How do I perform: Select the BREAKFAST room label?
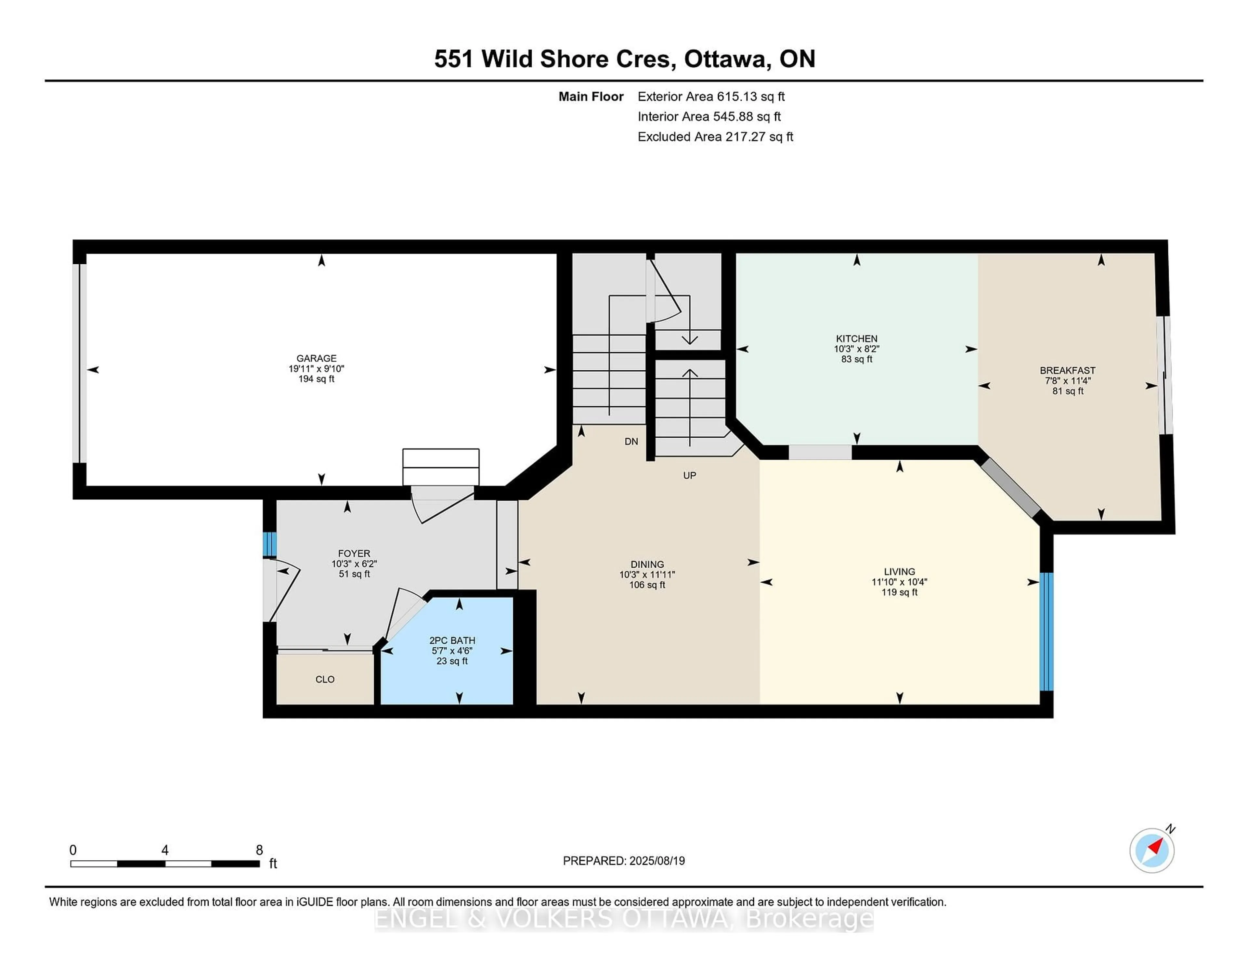1067,370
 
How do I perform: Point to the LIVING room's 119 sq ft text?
899,592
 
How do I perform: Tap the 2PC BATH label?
452,640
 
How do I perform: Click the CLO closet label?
325,679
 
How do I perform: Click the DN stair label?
631,441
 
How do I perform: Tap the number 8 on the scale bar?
259,850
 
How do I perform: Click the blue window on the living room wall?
1046,632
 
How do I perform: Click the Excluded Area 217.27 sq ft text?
715,137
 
